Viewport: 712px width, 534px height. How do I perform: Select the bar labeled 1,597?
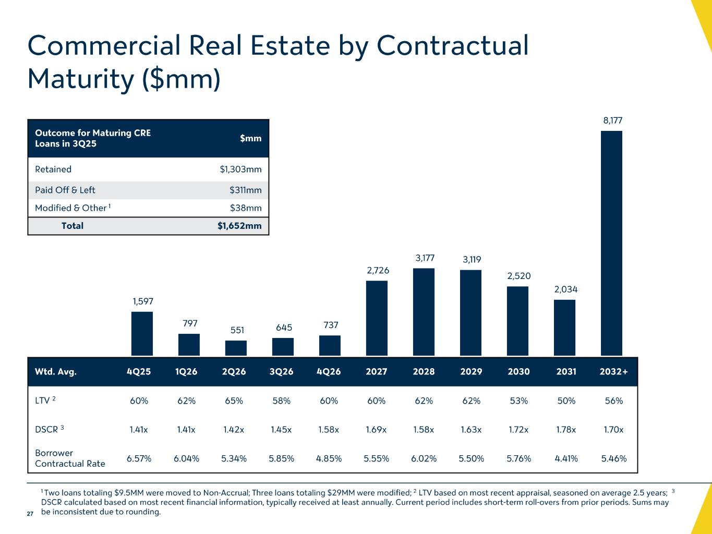142,334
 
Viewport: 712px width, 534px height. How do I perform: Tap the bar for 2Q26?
236,348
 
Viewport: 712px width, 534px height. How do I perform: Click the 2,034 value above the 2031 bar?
565,289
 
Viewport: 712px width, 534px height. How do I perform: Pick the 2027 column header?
377,372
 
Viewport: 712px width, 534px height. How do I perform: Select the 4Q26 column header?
329,372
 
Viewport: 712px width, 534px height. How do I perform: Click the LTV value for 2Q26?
234,401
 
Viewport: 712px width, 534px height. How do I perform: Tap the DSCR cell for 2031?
566,430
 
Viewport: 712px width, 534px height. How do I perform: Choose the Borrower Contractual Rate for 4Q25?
139,458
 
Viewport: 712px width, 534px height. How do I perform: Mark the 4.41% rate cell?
566,458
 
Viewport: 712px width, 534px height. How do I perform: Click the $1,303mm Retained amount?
240,169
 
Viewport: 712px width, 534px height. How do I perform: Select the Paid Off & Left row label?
65,190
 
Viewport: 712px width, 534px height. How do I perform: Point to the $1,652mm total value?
239,226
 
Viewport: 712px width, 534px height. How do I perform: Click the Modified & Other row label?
71,208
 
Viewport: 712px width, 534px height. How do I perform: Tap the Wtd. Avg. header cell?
56,372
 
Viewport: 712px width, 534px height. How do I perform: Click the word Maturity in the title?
81,79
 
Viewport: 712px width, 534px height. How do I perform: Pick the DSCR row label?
47,430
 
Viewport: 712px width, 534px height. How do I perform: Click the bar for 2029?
470,312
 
